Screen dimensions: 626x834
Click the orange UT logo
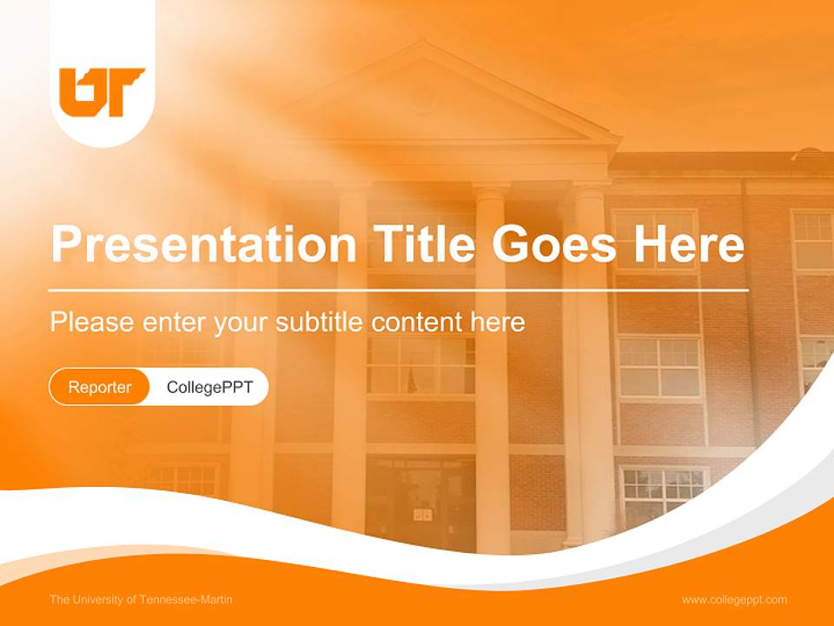pyautogui.click(x=102, y=91)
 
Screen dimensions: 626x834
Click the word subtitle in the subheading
pyautogui.click(x=320, y=322)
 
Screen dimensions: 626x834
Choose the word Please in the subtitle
pyautogui.click(x=89, y=322)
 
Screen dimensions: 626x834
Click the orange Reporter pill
pyautogui.click(x=100, y=387)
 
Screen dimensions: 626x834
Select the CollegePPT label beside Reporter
pyautogui.click(x=209, y=387)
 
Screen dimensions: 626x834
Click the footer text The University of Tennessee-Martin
pyautogui.click(x=141, y=599)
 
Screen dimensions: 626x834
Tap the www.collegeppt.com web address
pyautogui.click(x=734, y=599)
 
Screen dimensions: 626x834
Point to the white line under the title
pyautogui.click(x=399, y=290)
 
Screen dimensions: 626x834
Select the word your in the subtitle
pyautogui.click(x=242, y=323)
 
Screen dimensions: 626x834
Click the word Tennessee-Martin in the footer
pyautogui.click(x=192, y=599)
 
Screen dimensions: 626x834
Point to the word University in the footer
pyautogui.click(x=97, y=599)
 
